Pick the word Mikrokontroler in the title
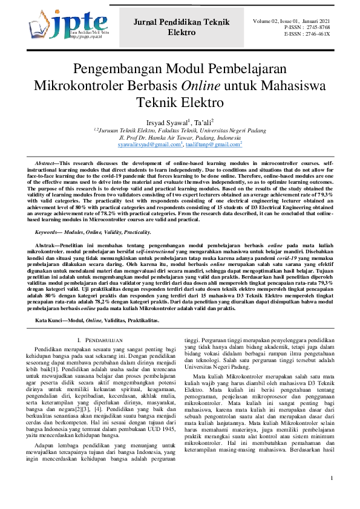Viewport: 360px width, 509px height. [76, 85]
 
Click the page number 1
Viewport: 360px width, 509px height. [332, 495]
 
